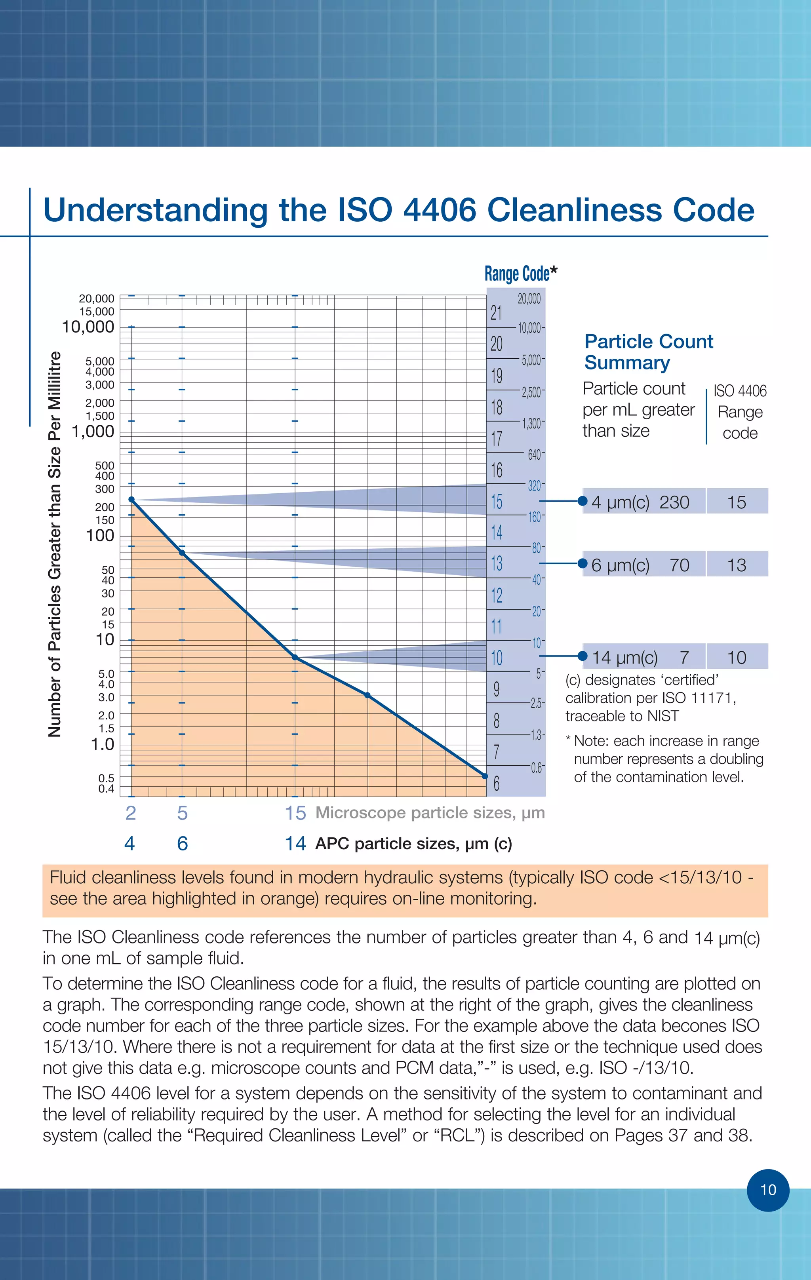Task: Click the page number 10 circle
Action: point(768,1190)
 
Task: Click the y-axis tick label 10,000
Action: point(88,327)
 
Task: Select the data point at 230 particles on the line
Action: point(131,500)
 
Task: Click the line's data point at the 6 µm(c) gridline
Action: point(182,553)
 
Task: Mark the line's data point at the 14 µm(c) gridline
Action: point(295,658)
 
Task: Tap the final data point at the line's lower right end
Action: point(484,776)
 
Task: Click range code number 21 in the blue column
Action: point(496,313)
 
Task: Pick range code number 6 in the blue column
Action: point(496,783)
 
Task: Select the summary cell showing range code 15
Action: point(737,502)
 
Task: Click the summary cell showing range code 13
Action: point(737,565)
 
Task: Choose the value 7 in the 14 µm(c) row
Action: point(684,658)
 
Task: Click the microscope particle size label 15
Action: point(295,813)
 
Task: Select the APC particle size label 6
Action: point(183,844)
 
